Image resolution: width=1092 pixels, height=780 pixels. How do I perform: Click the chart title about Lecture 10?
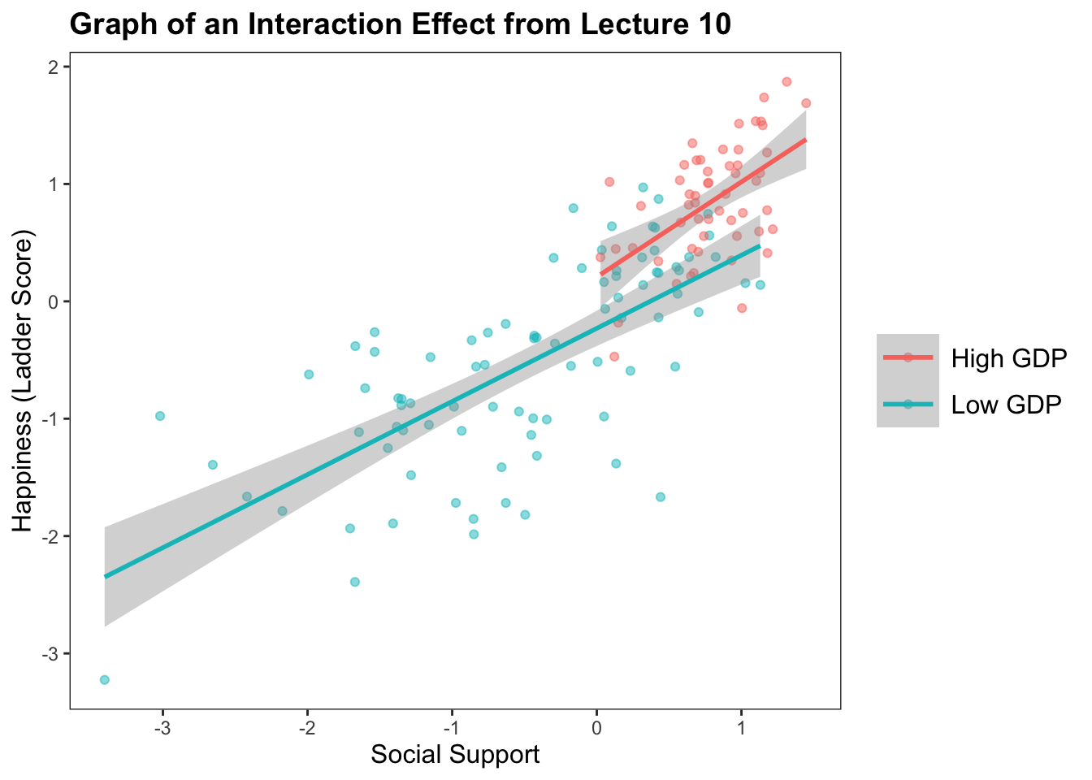(400, 24)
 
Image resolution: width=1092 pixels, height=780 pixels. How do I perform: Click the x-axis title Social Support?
(455, 755)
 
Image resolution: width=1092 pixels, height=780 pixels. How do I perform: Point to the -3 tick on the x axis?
(162, 727)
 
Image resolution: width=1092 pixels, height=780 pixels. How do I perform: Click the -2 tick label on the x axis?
(307, 727)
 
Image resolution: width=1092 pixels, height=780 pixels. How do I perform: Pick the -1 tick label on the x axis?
(452, 727)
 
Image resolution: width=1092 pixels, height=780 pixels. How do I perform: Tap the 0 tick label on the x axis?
(596, 727)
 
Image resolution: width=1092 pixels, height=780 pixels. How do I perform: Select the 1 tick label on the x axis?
(741, 727)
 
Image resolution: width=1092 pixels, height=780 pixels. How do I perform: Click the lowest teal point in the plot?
(105, 680)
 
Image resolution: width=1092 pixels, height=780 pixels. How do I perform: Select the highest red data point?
(786, 82)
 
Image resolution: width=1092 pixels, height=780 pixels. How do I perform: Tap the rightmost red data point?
(806, 103)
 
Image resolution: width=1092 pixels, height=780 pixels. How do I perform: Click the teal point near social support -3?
(160, 416)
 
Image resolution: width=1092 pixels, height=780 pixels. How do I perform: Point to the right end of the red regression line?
(805, 140)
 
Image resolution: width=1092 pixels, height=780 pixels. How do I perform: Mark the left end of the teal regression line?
(106, 577)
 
